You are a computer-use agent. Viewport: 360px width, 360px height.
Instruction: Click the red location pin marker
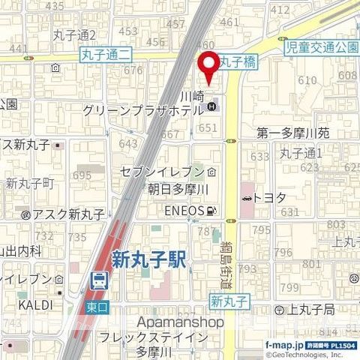tap(209, 65)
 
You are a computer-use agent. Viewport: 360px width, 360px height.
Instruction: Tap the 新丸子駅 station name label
tap(148, 259)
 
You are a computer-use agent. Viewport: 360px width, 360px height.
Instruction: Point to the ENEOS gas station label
tap(185, 211)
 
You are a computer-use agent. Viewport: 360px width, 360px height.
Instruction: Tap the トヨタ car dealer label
tap(269, 197)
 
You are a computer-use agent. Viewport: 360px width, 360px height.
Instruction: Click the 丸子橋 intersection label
tap(238, 64)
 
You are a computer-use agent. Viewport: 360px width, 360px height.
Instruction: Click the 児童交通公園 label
tap(323, 47)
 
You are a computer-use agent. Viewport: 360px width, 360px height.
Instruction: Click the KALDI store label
tap(34, 306)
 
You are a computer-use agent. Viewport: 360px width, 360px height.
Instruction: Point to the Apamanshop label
tap(181, 322)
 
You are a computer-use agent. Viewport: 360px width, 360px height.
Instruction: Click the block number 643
tap(128, 143)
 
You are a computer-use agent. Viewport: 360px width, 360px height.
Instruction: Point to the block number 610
tap(308, 80)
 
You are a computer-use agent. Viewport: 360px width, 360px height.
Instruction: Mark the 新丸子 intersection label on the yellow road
tap(227, 302)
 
